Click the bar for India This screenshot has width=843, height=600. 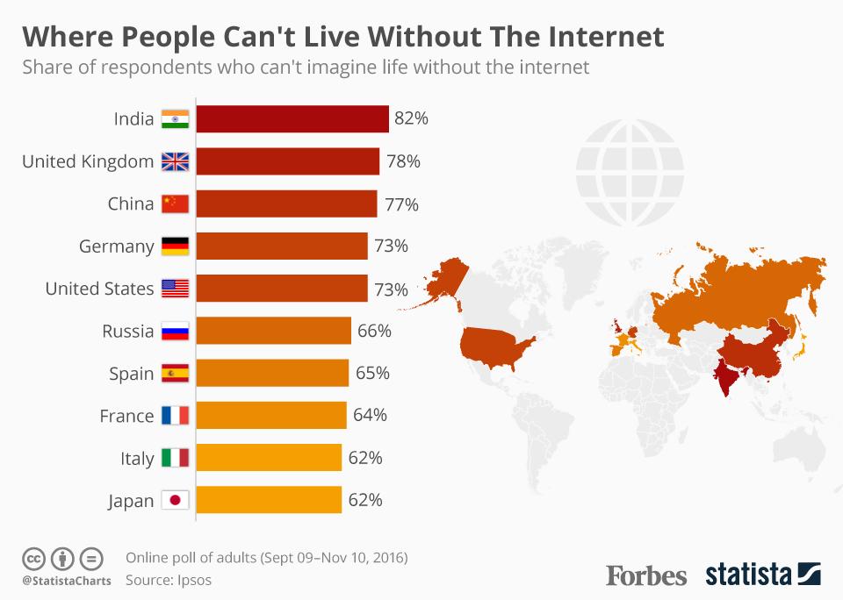[x=292, y=118]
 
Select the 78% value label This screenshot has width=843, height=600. [x=403, y=161]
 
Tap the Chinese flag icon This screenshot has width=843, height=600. [x=176, y=204]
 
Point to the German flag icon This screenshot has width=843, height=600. [x=176, y=246]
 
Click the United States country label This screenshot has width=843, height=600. [x=99, y=289]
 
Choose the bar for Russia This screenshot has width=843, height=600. [x=273, y=331]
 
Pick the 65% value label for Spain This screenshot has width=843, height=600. [x=372, y=374]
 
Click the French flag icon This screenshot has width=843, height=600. [x=176, y=416]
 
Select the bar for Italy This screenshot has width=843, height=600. [x=268, y=458]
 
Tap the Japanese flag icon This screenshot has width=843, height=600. [x=176, y=501]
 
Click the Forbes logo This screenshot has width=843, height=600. [x=646, y=575]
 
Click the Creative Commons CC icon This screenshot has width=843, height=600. [x=33, y=558]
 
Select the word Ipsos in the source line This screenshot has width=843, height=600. [x=193, y=580]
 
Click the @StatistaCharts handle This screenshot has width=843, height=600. [x=66, y=581]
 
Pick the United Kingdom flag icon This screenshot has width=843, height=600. [x=176, y=161]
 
